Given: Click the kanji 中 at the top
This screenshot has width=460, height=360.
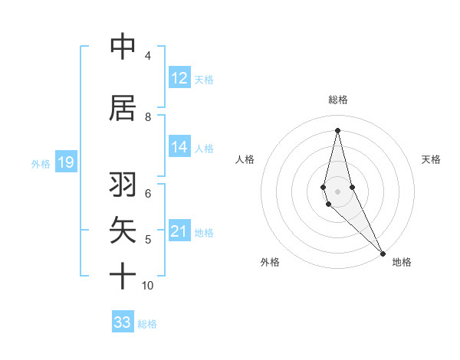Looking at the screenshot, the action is [x=123, y=47].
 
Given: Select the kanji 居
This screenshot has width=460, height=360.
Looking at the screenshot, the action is [x=123, y=108].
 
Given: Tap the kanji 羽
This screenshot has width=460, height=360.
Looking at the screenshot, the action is [x=123, y=185].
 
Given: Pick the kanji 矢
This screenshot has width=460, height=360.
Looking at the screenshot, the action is [x=123, y=231].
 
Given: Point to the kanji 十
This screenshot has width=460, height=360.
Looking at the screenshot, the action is [x=123, y=276].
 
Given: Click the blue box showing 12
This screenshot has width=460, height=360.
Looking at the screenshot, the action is [x=179, y=77].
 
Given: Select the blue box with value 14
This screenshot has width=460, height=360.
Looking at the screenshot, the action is [x=179, y=147].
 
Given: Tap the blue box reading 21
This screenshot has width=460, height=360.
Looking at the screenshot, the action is [x=179, y=231].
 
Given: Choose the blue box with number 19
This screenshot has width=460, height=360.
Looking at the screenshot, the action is [x=65, y=162].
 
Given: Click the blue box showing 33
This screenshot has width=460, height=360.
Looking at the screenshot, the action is [x=123, y=322].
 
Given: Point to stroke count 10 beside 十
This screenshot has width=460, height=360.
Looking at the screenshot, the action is [x=148, y=286].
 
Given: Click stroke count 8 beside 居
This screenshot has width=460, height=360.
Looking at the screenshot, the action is [x=148, y=117].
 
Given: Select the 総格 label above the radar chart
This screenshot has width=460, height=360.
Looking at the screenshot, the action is [x=338, y=100].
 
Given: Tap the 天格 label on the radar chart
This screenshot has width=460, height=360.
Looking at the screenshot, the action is [x=432, y=159].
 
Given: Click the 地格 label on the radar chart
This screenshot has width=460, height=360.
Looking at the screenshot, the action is [x=402, y=262].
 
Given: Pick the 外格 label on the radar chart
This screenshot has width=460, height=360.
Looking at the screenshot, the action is [x=270, y=262].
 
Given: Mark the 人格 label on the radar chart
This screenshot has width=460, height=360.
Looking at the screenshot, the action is [x=245, y=159].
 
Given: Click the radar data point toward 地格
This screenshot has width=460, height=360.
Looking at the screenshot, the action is [x=383, y=252].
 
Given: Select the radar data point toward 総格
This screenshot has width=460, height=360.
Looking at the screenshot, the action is [x=337, y=129].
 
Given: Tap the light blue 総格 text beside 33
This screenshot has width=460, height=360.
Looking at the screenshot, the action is [x=148, y=324].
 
